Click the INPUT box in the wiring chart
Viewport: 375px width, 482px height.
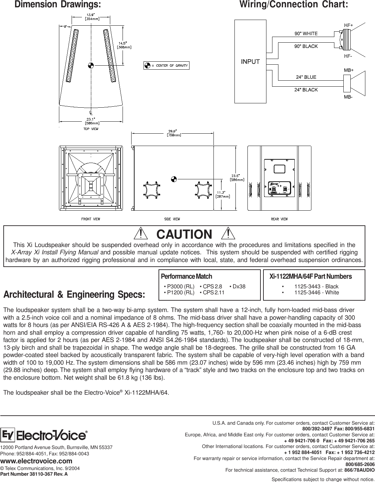pyautogui.click(x=250, y=61)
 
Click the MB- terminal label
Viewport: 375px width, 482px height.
pyautogui.click(x=348, y=97)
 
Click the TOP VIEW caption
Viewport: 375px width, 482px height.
pyautogui.click(x=91, y=129)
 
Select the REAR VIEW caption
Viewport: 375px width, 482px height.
pyautogui.click(x=279, y=219)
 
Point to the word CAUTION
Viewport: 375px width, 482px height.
pyautogui.click(x=184, y=234)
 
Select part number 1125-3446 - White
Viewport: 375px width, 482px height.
pyautogui.click(x=316, y=293)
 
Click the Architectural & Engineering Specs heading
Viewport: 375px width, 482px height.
pyautogui.click(x=74, y=295)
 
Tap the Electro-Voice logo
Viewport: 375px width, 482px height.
pyautogui.click(x=45, y=436)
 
